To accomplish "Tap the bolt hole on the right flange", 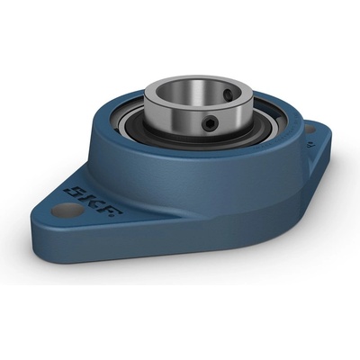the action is [x=310, y=130].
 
